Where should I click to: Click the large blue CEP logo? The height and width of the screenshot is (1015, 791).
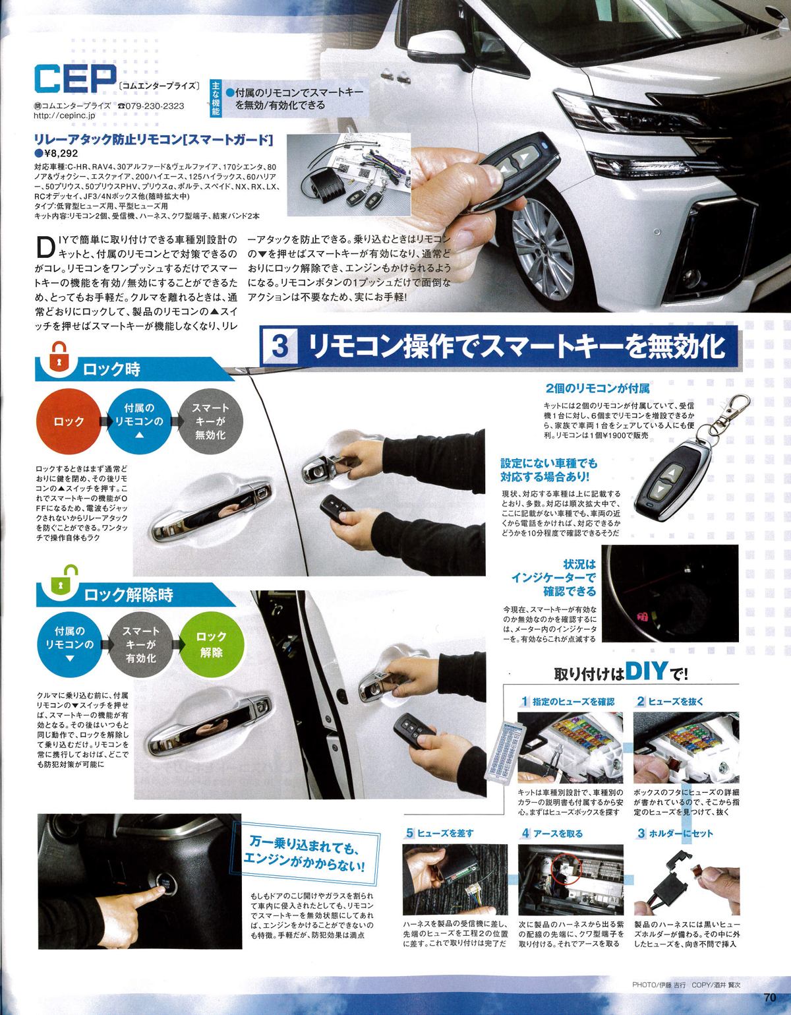[75, 79]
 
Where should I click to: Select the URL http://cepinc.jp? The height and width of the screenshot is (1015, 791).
[65, 115]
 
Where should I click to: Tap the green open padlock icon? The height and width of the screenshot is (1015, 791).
[61, 582]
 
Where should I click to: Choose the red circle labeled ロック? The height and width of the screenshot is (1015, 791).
[69, 421]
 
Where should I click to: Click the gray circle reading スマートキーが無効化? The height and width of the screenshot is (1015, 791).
[210, 421]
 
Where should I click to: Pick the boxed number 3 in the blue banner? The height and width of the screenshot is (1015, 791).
[280, 347]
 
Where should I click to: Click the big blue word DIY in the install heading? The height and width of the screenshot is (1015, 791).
[647, 671]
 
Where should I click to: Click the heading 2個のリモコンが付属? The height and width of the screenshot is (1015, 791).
[597, 388]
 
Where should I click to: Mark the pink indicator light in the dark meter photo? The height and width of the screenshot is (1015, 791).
[643, 617]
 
